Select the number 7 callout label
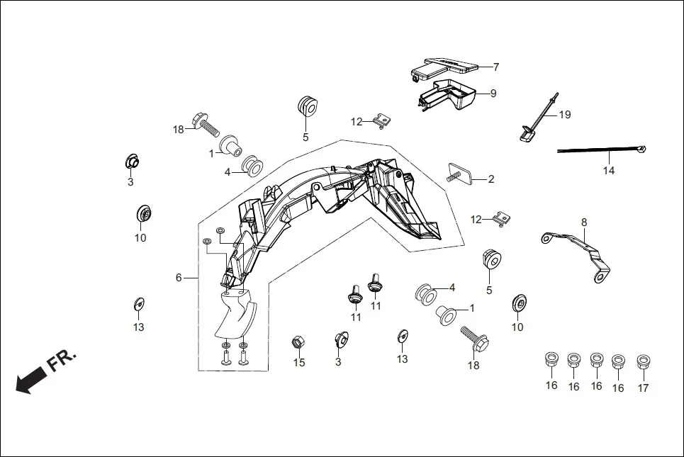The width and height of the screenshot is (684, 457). point(496,67)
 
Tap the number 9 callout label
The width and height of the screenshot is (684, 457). point(493,93)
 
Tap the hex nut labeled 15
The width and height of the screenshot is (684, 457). point(298,343)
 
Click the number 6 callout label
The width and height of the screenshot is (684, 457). point(179,278)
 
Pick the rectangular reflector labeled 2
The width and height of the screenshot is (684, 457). point(465,175)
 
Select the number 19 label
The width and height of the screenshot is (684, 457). point(564,114)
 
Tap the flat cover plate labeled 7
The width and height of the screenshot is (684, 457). point(447,65)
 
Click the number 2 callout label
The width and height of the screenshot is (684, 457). point(490,179)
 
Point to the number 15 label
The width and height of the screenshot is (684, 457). point(299,362)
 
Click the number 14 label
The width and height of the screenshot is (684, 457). point(610,170)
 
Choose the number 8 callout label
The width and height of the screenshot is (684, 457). point(584,222)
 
